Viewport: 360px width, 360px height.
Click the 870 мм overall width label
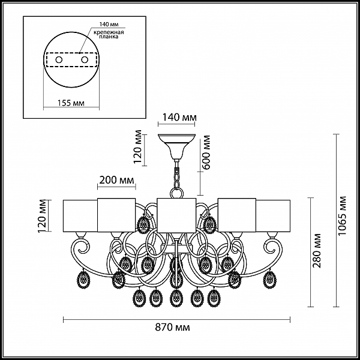point(172,327)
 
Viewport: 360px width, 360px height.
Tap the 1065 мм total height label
point(343,215)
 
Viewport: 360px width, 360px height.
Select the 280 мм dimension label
point(317,251)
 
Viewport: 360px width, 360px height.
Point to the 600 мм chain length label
point(206,152)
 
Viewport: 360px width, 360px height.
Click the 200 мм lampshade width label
point(116,180)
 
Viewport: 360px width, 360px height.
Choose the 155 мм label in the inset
point(71,103)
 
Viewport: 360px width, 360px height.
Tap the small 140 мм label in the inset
point(109,24)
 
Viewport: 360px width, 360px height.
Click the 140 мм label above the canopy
point(179,118)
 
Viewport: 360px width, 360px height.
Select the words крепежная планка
point(109,34)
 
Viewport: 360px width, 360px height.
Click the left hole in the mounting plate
point(59,60)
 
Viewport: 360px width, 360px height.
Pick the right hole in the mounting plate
point(85,60)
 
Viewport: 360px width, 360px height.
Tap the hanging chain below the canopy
point(176,175)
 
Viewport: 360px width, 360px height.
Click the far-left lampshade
point(80,216)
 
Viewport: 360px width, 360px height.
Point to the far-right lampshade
point(273,216)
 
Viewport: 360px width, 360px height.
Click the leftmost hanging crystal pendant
point(83,280)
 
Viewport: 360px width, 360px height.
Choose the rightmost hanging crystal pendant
point(269,280)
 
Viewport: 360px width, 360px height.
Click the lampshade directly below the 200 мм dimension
point(116,215)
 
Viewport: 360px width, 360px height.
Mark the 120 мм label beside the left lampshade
point(43,216)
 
